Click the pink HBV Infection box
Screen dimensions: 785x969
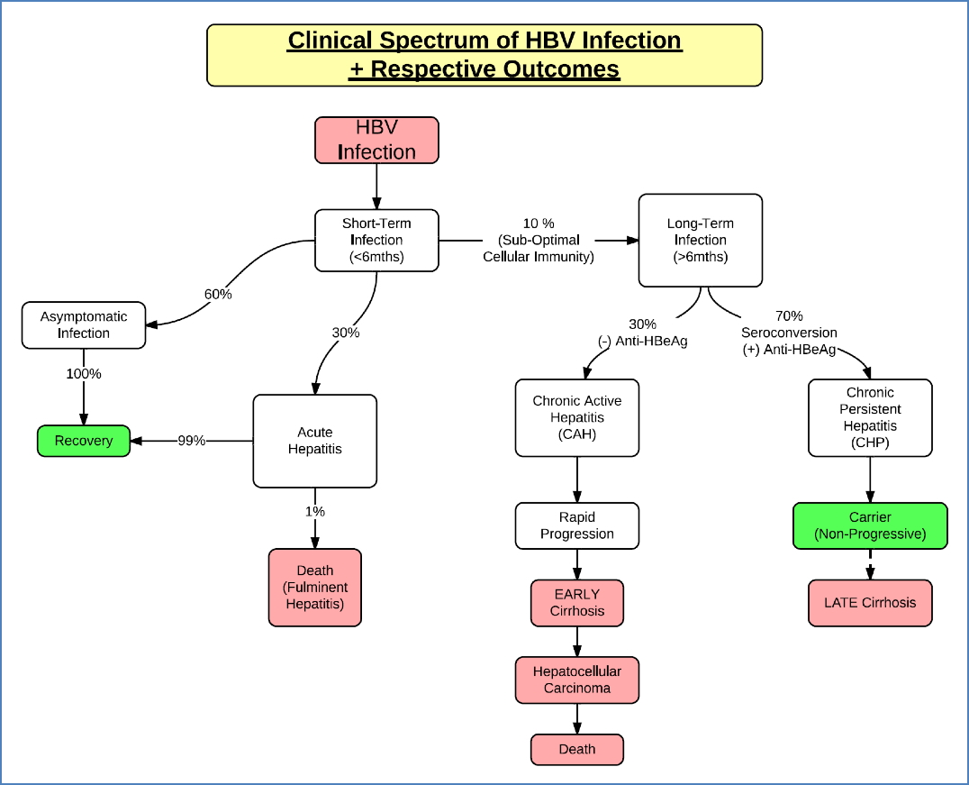[x=376, y=140]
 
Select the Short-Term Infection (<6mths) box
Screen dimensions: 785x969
[x=376, y=240]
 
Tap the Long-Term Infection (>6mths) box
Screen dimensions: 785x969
[x=700, y=240]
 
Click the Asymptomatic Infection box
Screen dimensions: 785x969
[x=84, y=324]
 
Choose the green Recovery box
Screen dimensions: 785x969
[x=84, y=441]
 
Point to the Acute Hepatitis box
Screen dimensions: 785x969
[x=314, y=441]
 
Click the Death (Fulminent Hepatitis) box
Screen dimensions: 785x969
[x=314, y=587]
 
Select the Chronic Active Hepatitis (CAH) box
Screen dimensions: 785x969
[x=576, y=417]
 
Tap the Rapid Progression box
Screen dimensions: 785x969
[x=576, y=525]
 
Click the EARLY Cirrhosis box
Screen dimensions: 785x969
[x=576, y=602]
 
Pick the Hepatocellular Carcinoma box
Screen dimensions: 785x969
[x=576, y=680]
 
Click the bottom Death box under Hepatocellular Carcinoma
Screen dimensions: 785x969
[x=576, y=749]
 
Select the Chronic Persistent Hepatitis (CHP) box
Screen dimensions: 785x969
[x=870, y=417]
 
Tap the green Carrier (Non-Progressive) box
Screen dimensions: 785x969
[x=870, y=525]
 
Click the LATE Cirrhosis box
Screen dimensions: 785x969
[x=870, y=602]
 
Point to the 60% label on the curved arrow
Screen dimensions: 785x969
[x=217, y=294]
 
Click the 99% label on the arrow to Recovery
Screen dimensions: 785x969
[x=191, y=441]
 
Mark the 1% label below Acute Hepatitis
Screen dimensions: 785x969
[x=314, y=511]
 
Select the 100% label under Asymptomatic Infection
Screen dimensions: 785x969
[x=84, y=373]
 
